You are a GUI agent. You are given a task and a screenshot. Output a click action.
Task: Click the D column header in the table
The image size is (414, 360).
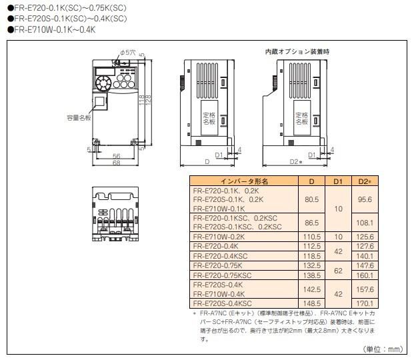(x=311, y=181)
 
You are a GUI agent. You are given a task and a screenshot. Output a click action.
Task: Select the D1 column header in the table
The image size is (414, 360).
(x=338, y=181)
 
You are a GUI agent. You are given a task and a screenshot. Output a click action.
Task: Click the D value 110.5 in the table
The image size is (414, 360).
(x=311, y=236)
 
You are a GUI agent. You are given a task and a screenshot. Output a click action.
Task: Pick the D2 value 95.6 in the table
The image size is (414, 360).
(x=365, y=199)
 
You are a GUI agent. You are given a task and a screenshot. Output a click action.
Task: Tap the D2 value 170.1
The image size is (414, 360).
(x=365, y=302)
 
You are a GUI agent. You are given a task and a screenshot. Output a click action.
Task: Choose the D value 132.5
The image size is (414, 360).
(x=311, y=265)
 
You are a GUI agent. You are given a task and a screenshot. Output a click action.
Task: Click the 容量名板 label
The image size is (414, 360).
(x=77, y=117)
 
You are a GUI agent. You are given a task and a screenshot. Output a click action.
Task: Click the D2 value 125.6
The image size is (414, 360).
(x=365, y=236)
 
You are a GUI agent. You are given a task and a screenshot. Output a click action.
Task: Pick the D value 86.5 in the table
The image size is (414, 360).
(x=311, y=222)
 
